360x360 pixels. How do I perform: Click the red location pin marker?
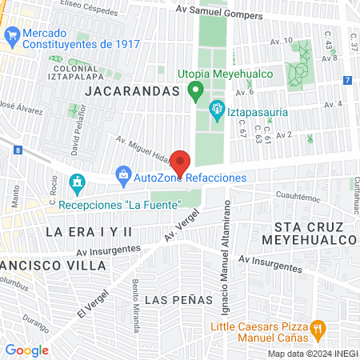[x=180, y=162]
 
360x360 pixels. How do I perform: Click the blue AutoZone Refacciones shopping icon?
[x=123, y=174]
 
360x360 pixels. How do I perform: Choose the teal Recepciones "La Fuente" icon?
[x=77, y=184]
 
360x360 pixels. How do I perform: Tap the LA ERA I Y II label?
[x=88, y=231]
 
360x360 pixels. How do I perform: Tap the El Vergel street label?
[x=92, y=302]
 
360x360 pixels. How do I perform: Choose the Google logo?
[x=27, y=350]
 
